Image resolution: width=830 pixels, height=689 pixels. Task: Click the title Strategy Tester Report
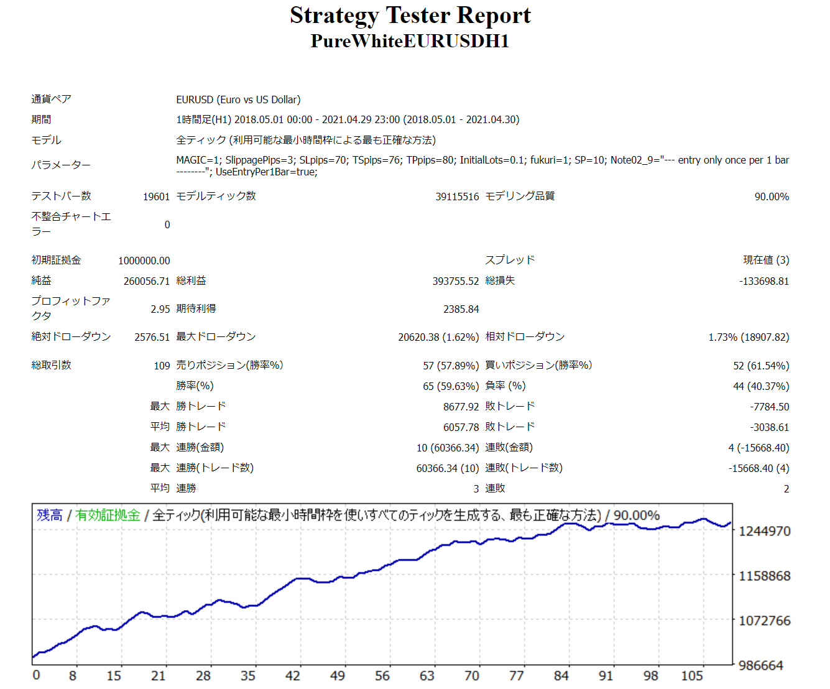click(x=410, y=16)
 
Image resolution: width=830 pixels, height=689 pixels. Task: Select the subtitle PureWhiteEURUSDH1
click(x=410, y=41)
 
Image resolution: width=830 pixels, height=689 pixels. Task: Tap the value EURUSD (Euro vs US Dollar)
click(x=238, y=99)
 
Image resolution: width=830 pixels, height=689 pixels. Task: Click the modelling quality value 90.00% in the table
click(x=772, y=197)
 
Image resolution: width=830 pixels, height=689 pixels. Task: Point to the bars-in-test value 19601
click(x=156, y=197)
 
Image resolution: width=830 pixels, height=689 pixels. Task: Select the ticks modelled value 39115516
click(x=457, y=197)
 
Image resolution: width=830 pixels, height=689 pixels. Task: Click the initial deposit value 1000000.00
click(x=144, y=261)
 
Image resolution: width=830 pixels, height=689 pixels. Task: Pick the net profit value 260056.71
click(x=147, y=281)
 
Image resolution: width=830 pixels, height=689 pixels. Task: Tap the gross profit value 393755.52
click(x=456, y=281)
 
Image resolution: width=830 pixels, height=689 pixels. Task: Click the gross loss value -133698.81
click(x=764, y=281)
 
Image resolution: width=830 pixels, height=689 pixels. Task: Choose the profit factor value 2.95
click(x=160, y=309)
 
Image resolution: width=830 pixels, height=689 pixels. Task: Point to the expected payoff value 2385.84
click(x=461, y=309)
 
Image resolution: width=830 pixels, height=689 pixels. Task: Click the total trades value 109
click(x=162, y=366)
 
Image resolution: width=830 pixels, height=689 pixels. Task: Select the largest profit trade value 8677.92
click(x=461, y=407)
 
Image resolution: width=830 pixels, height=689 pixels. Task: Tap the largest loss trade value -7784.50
click(x=770, y=407)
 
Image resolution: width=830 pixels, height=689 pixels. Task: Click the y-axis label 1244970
click(x=765, y=531)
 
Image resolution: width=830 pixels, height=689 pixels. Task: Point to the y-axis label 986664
click(x=761, y=665)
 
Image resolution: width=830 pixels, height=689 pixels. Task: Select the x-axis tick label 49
click(x=338, y=676)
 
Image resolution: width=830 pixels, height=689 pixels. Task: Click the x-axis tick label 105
click(x=692, y=676)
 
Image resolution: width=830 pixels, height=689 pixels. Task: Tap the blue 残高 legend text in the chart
click(x=50, y=516)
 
